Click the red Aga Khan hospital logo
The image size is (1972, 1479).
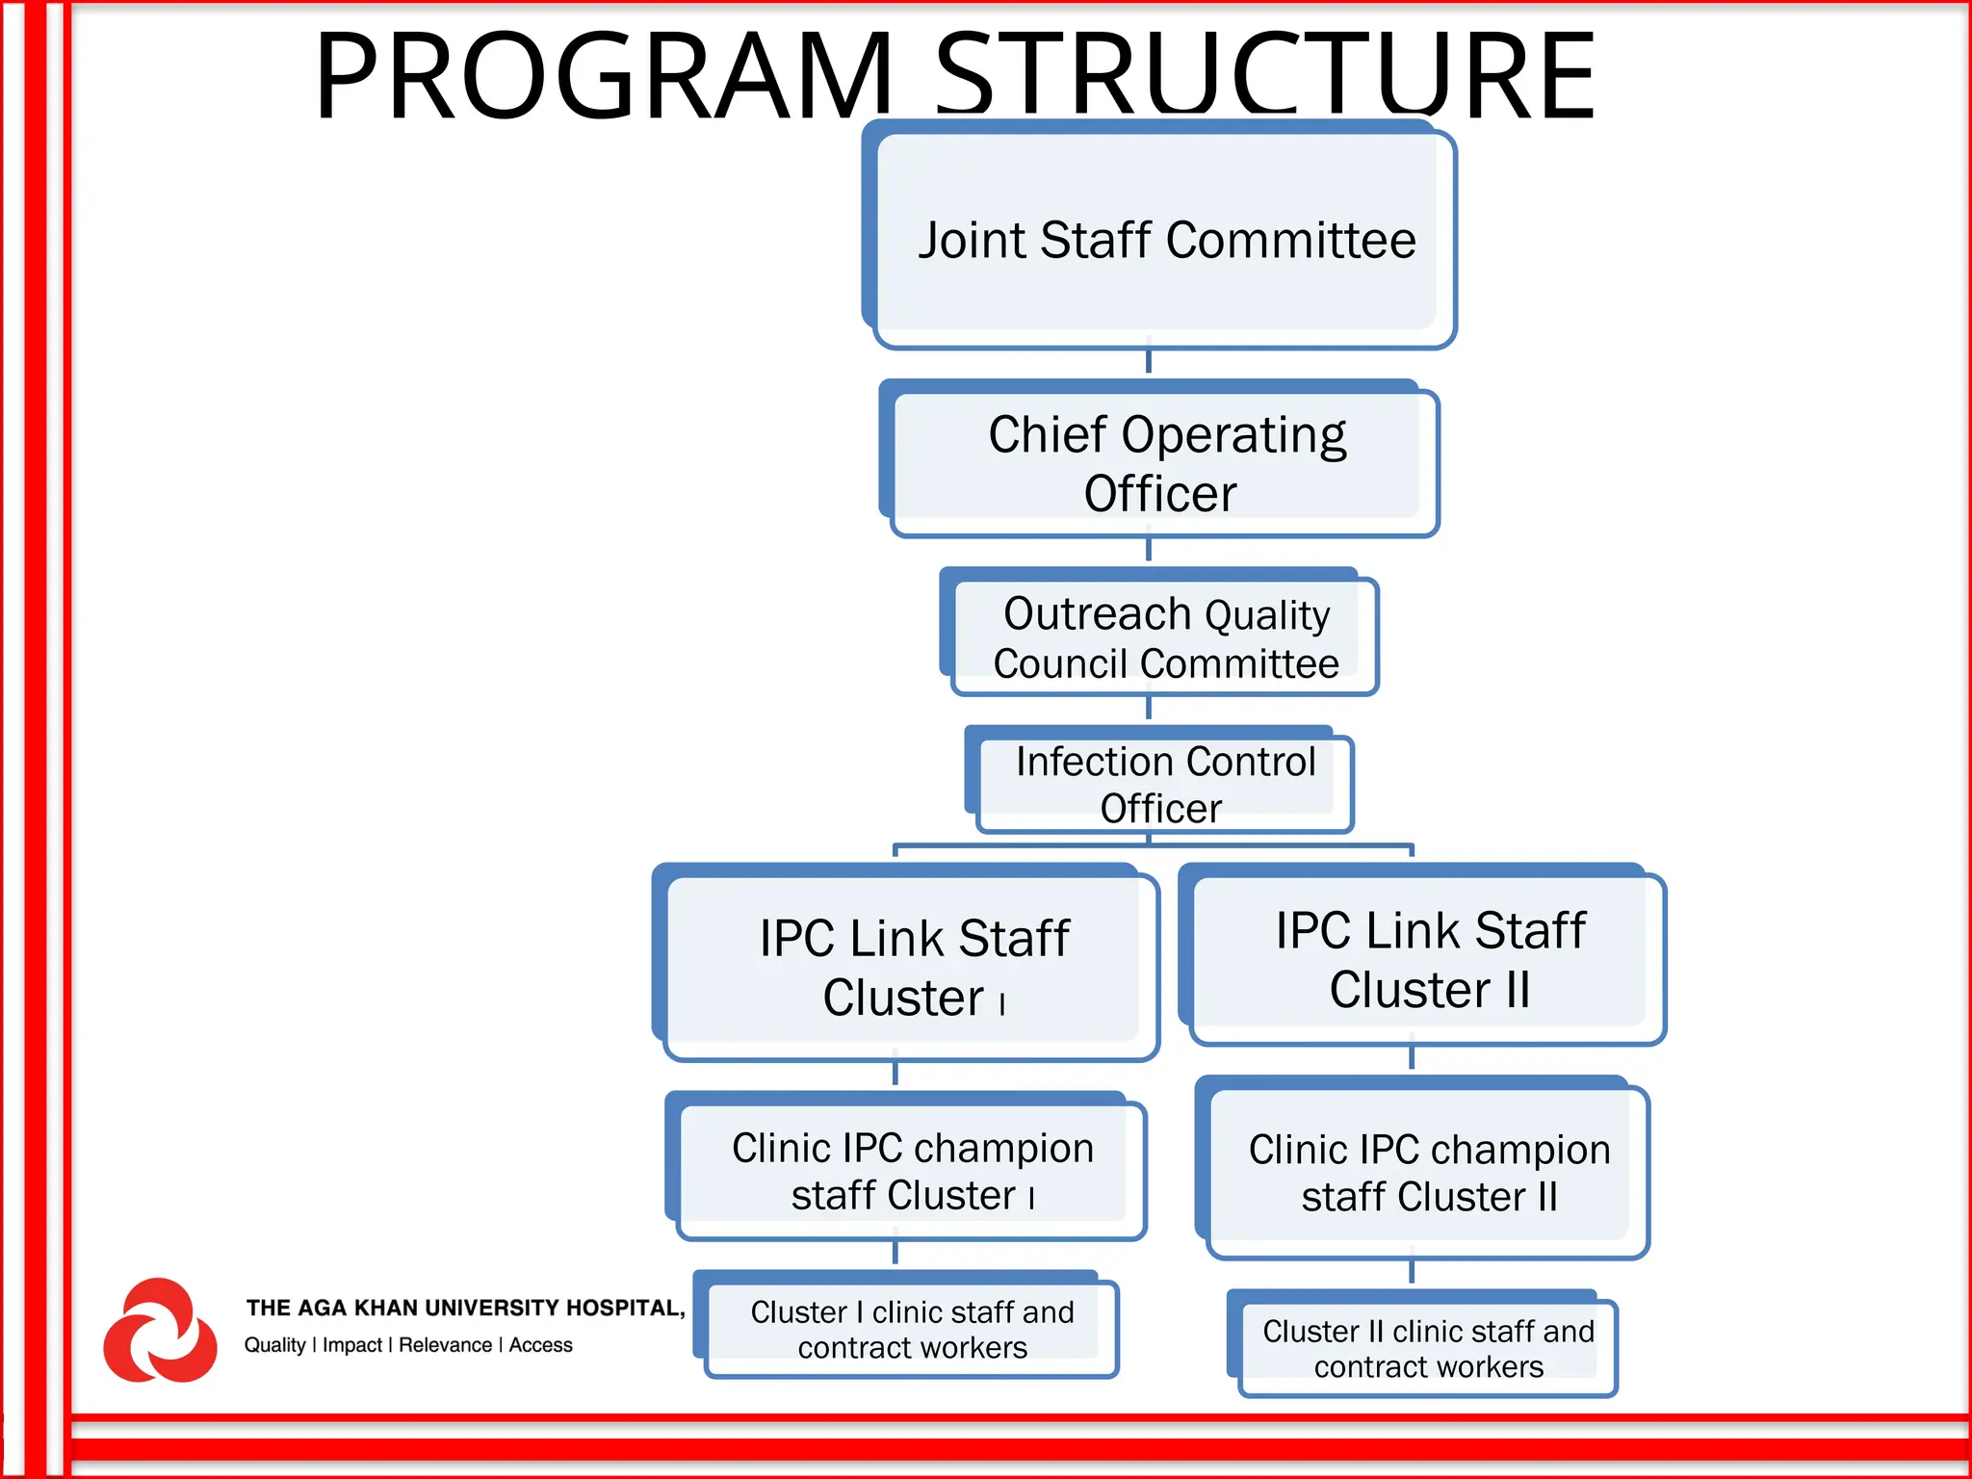click(160, 1331)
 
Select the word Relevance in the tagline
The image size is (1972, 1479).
click(445, 1345)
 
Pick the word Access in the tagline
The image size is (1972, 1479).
click(540, 1345)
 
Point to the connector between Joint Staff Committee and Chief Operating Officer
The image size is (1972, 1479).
click(1149, 361)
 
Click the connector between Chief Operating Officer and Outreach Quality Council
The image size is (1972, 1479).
click(1149, 550)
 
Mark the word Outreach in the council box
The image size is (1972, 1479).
click(1097, 613)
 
